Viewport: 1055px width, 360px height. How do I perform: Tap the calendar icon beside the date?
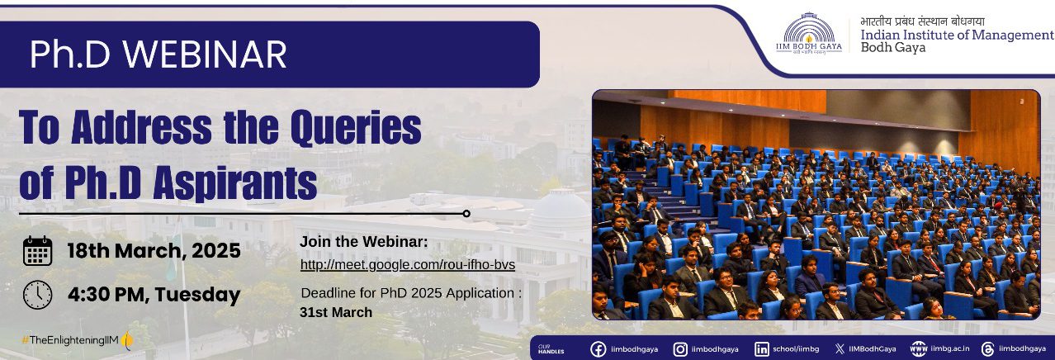tap(38, 251)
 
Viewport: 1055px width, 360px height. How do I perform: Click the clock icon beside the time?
tap(38, 295)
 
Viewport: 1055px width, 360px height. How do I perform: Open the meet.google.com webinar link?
tap(408, 265)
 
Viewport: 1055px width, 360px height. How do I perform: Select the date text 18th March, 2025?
tap(154, 251)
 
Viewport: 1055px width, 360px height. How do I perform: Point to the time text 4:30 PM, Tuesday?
tap(154, 295)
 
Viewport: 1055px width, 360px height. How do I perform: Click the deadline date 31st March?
tap(336, 312)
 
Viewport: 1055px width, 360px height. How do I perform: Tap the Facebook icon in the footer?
tap(598, 349)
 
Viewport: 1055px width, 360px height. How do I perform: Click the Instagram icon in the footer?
tap(679, 349)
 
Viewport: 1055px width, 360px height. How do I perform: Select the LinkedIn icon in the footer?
tap(762, 349)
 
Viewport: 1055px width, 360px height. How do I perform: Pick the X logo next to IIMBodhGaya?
tap(840, 349)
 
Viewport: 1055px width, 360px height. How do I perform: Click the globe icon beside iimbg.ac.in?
tap(919, 349)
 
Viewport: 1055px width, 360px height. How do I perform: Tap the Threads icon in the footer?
tap(987, 349)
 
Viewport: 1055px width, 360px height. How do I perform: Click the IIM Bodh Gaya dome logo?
tap(809, 34)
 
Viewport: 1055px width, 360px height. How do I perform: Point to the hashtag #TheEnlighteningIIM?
tap(70, 339)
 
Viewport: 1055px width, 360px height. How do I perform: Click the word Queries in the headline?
tap(356, 128)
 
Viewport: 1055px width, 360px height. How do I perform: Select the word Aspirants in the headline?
tap(235, 183)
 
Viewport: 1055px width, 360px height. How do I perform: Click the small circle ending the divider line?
tap(466, 214)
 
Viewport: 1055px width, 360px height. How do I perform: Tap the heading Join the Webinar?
tap(363, 242)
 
